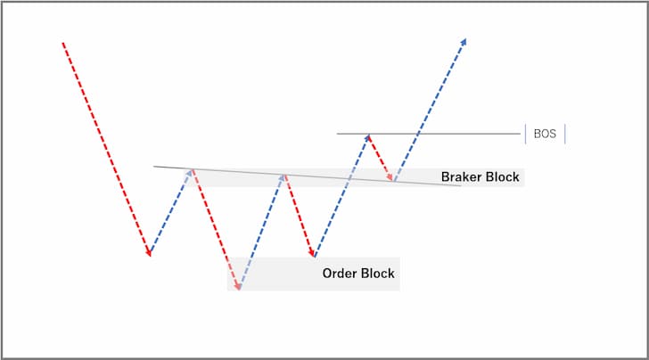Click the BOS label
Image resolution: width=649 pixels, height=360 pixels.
[545, 134]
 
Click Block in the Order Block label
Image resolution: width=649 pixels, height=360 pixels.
[377, 273]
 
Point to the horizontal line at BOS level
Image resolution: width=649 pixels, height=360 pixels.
[429, 134]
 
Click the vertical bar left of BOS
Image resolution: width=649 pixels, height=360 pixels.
[526, 134]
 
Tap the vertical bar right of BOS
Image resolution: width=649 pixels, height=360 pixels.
[565, 134]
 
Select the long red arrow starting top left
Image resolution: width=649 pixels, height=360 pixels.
[106, 150]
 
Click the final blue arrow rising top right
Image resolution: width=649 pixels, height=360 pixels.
[431, 110]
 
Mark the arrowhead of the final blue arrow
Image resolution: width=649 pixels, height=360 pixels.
[464, 41]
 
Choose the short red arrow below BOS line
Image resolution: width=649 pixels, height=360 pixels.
[381, 158]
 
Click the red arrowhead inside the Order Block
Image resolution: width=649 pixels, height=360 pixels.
[237, 286]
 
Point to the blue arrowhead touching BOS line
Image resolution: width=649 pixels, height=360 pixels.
[367, 136]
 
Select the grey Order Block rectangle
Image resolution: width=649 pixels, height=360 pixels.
[313, 274]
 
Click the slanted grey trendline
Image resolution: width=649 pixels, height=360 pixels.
[307, 176]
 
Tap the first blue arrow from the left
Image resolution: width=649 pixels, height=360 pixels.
[171, 211]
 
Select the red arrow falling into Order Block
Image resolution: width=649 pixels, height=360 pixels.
[216, 229]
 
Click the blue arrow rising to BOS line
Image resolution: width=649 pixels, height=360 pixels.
[342, 195]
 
